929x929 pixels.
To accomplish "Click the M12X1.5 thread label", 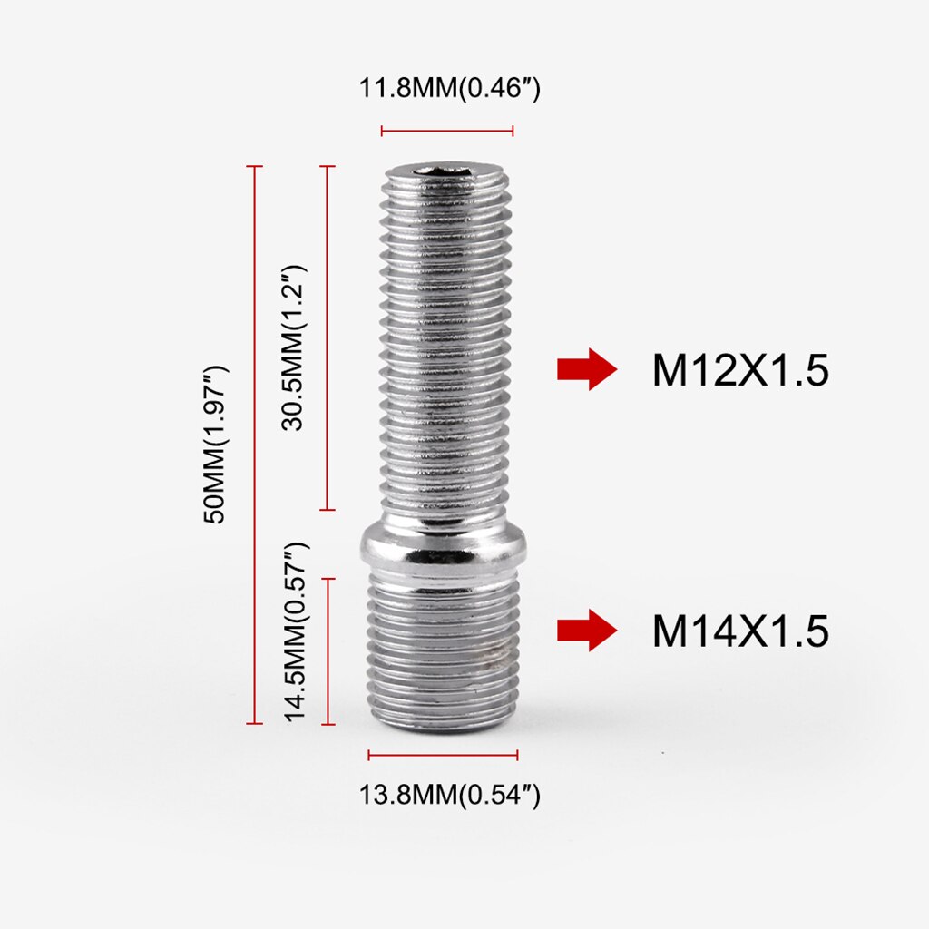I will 740,370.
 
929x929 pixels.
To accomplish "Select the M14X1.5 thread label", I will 740,631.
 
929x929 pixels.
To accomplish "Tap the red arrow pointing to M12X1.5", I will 586,369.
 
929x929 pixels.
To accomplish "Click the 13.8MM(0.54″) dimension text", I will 450,796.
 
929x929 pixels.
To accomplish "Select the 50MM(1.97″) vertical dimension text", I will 217,445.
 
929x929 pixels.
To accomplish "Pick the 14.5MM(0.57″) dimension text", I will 296,632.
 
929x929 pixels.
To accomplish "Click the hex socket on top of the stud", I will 445,170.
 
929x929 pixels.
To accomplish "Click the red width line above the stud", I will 447,132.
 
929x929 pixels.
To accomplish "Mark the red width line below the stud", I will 443,755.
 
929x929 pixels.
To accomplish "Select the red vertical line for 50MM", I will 255,445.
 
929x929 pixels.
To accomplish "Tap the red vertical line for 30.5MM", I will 328,337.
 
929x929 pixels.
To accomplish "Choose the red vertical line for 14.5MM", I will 328,651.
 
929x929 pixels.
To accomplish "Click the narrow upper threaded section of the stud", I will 445,345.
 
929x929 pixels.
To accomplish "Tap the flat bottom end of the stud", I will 443,726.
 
